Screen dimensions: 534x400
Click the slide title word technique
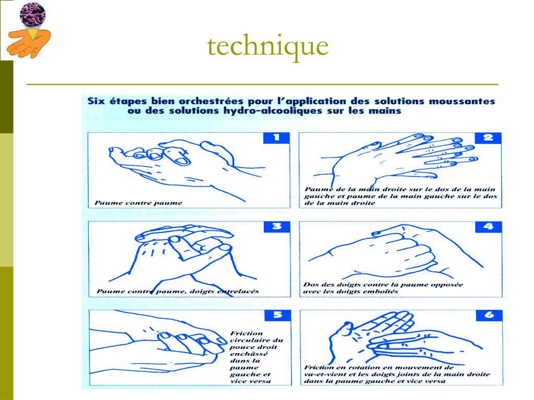[x=268, y=46]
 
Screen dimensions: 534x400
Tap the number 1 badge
[x=276, y=137]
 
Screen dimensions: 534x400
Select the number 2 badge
[x=488, y=137]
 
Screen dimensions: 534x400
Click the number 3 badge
[x=277, y=227]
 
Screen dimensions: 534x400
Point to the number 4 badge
[x=488, y=227]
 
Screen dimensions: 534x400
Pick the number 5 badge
[x=278, y=315]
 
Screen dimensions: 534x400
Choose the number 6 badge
[x=489, y=315]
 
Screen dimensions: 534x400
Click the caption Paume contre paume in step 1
[x=138, y=203]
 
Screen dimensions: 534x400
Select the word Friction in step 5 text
[x=247, y=333]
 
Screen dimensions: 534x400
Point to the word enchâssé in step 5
[x=249, y=354]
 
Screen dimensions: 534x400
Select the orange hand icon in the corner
[x=29, y=44]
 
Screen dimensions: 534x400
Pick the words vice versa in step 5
[x=251, y=381]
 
